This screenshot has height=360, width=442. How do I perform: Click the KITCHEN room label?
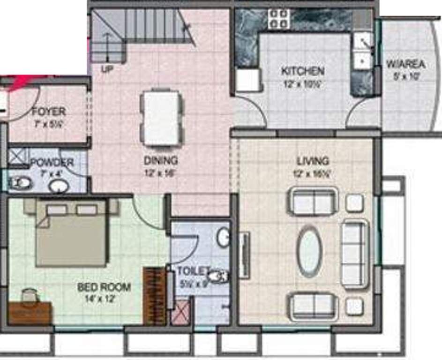[302, 71]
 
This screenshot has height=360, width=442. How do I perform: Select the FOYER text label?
[48, 112]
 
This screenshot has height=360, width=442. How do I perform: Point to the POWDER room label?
[52, 163]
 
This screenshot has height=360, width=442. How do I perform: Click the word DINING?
[161, 160]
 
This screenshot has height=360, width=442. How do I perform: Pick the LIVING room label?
[313, 161]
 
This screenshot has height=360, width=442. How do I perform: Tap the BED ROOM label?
[104, 287]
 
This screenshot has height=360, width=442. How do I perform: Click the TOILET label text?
[193, 270]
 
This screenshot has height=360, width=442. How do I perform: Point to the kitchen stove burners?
[278, 19]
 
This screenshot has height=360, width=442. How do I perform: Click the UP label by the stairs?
[108, 69]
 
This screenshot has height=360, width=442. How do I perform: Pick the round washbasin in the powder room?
[59, 186]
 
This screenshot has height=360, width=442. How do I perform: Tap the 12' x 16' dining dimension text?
[161, 172]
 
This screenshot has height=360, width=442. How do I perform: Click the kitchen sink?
[361, 52]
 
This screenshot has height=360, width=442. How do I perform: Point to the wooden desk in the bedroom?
[30, 313]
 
